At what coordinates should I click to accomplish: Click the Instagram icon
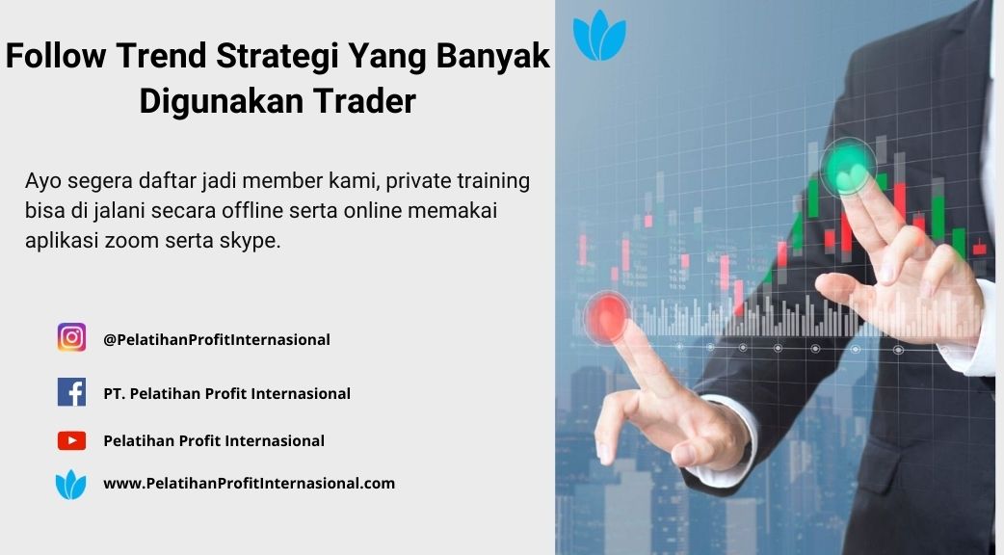(x=71, y=337)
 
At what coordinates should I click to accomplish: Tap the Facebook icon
(x=71, y=392)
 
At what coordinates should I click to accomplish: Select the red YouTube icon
(x=71, y=440)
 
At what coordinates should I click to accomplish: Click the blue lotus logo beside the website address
(x=70, y=484)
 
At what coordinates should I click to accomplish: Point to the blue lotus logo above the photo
(x=599, y=36)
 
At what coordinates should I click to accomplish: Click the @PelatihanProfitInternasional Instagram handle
(x=217, y=339)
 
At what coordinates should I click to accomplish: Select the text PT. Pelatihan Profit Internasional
(x=226, y=393)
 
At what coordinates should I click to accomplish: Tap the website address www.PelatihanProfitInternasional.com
(x=250, y=484)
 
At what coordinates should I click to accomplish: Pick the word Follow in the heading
(x=56, y=55)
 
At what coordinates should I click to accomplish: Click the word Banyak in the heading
(x=493, y=55)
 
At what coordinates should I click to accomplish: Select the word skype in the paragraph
(x=250, y=241)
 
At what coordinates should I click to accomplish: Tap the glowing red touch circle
(x=606, y=316)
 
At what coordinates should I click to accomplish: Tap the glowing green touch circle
(x=849, y=168)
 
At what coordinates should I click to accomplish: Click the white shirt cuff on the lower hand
(x=724, y=441)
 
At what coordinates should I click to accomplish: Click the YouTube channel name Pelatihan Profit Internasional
(x=214, y=440)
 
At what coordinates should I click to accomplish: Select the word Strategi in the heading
(x=277, y=55)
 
